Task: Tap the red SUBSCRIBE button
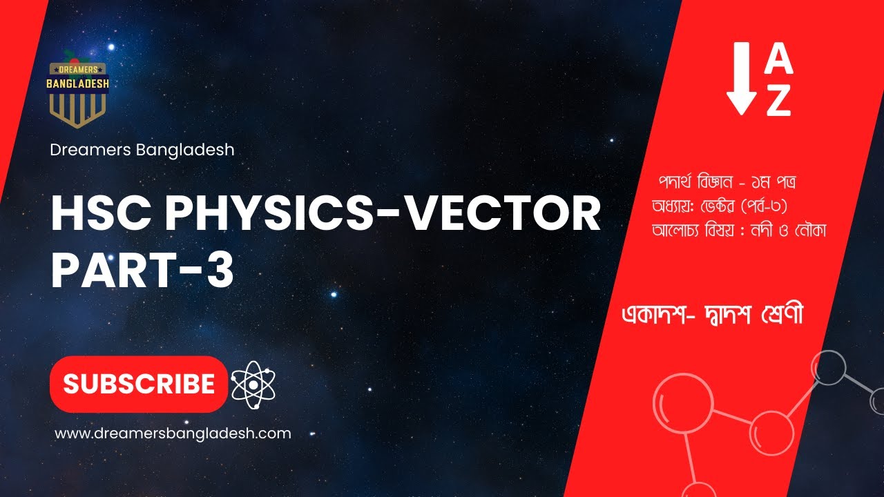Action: tap(139, 384)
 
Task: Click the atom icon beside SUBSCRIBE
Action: tap(253, 384)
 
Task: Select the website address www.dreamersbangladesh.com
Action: tap(173, 433)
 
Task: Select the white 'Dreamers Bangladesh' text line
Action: tap(142, 149)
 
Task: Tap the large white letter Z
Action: tap(779, 103)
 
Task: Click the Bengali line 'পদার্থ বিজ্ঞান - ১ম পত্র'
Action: tap(729, 184)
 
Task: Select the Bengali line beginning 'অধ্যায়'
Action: tap(726, 207)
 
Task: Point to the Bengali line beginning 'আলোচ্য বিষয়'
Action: tap(739, 230)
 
